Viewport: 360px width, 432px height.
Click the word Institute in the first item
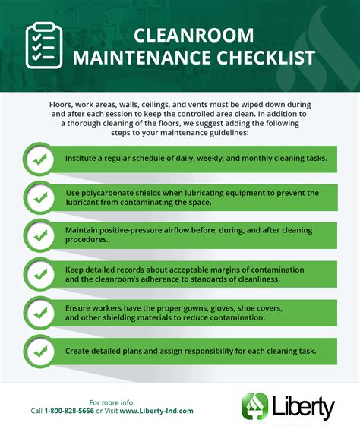[x=84, y=158]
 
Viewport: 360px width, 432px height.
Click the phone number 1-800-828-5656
[x=71, y=410]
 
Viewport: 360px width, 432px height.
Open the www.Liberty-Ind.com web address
[x=157, y=410]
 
